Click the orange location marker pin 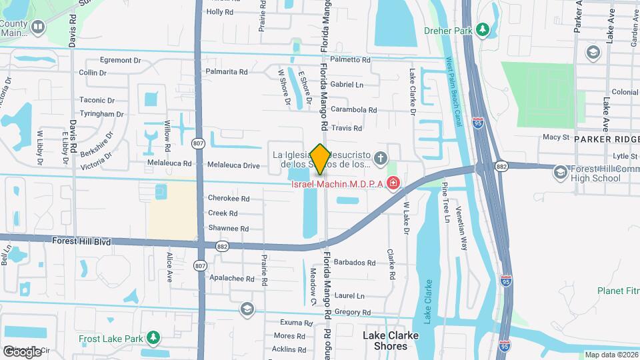tap(320, 159)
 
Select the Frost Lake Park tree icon tap(153, 338)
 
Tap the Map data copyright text tap(611, 355)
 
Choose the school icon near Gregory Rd tap(247, 309)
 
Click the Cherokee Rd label tap(228, 199)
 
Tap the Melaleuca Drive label tap(233, 165)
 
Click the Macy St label tap(556, 137)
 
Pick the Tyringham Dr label tap(102, 114)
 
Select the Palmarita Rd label tap(227, 72)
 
